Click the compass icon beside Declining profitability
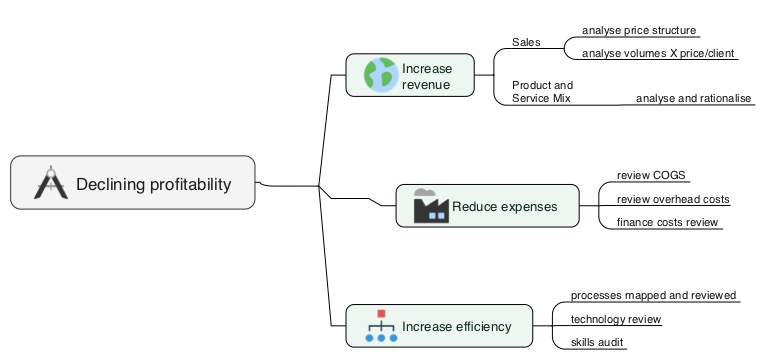[49, 183]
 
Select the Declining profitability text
[153, 184]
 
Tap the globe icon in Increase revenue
[380, 76]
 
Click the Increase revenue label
[427, 77]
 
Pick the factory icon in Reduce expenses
[430, 206]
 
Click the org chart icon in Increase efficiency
[380, 326]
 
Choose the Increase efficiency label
[456, 327]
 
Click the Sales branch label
[526, 42]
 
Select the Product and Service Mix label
[542, 92]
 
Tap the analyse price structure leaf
[639, 30]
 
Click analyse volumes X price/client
[659, 53]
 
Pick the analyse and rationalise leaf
[693, 98]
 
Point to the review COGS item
[652, 176]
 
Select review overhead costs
[673, 199]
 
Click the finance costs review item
[667, 222]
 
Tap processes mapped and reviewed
[653, 296]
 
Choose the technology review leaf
[615, 319]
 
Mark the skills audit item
[597, 343]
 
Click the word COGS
[670, 176]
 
